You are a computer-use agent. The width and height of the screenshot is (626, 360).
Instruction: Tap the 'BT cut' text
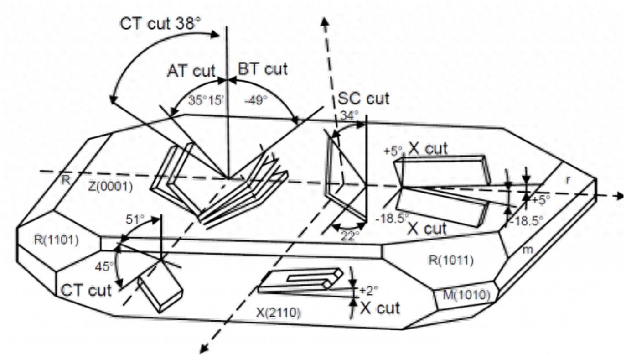pyautogui.click(x=263, y=69)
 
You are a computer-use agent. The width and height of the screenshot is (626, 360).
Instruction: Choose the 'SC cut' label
pyautogui.click(x=363, y=98)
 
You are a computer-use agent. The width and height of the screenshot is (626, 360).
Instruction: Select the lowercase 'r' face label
pyautogui.click(x=567, y=180)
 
